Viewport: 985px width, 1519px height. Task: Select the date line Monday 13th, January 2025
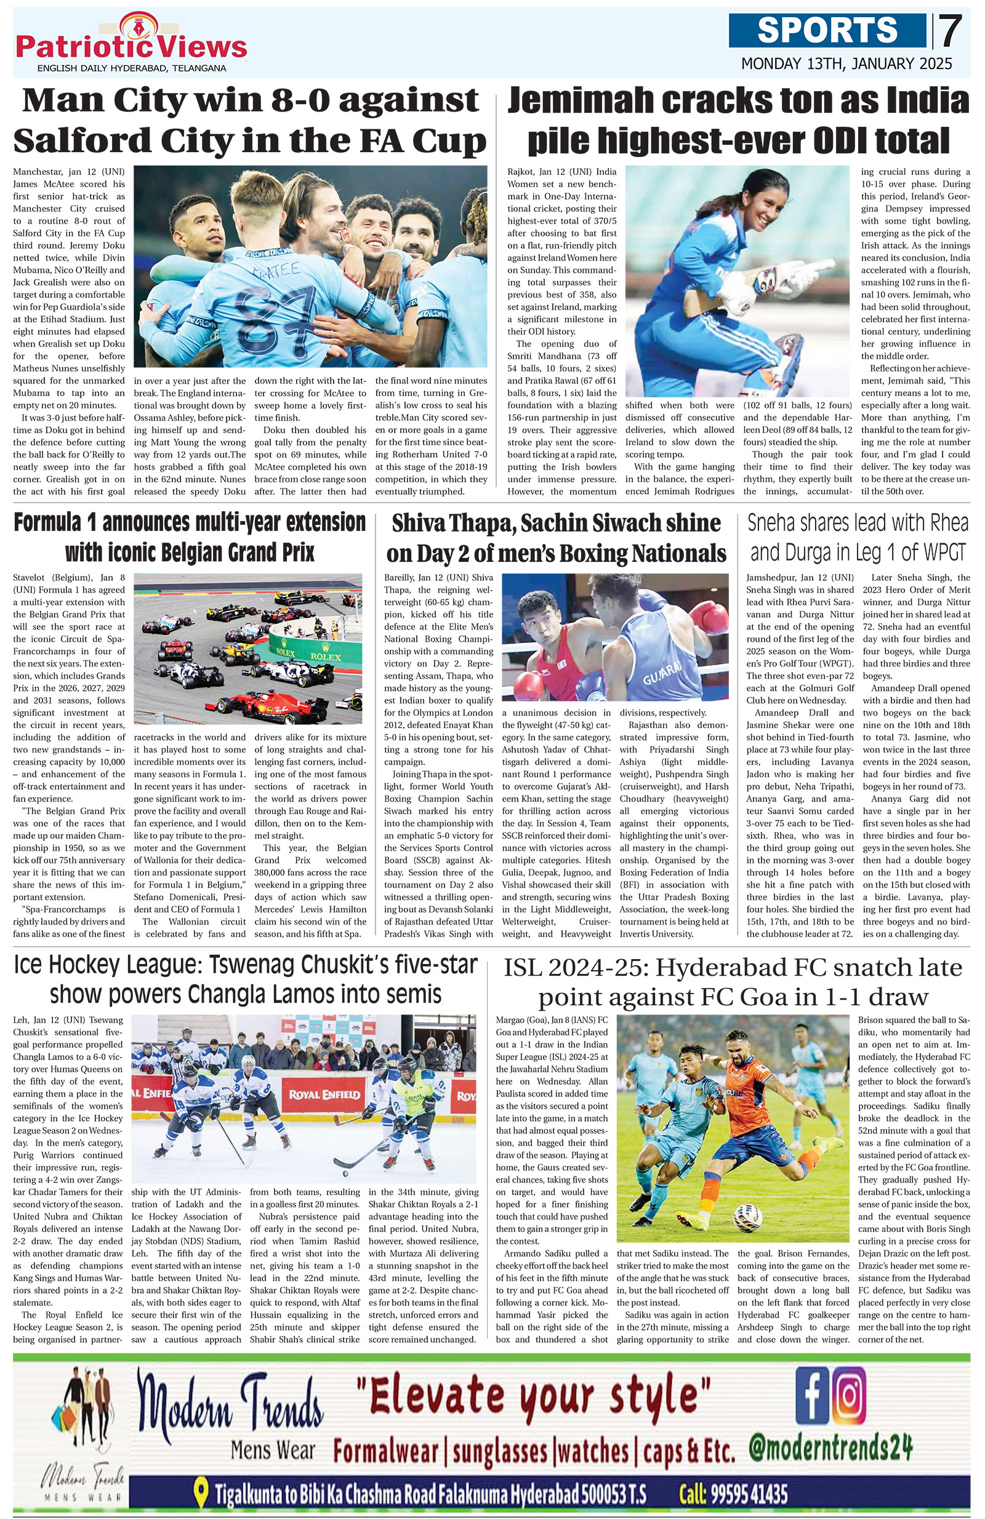[846, 64]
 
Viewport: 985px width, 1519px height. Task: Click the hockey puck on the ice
[345, 1173]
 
